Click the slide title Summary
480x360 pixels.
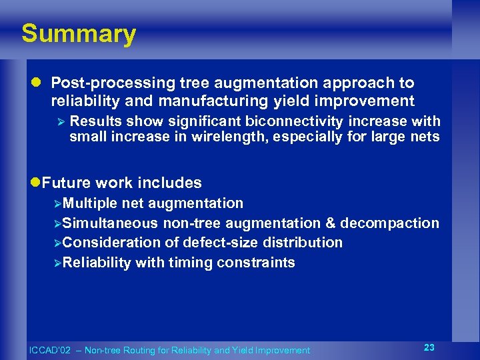tap(78, 33)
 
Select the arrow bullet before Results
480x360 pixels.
tap(60, 122)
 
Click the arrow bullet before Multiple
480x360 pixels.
tap(57, 203)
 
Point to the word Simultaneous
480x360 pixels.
tap(109, 223)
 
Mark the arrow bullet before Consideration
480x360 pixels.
tap(57, 243)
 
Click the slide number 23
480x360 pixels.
tap(429, 347)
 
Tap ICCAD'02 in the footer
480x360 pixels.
tap(49, 350)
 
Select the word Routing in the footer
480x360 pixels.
tap(139, 350)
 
